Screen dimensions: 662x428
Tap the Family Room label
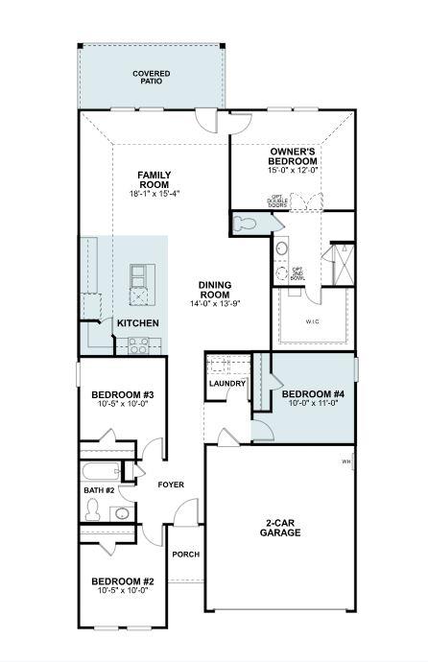[x=154, y=179]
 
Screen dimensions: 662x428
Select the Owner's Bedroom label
[x=292, y=156]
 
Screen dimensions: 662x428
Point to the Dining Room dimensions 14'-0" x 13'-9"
[x=214, y=303]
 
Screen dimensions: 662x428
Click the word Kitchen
[x=137, y=323]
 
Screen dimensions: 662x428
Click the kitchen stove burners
[x=137, y=348]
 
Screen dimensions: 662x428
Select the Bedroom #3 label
[x=123, y=394]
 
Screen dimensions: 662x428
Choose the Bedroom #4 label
[x=307, y=394]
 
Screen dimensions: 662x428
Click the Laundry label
[x=227, y=384]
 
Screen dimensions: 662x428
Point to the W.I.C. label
[x=313, y=321]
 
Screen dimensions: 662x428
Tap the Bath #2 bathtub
[x=100, y=471]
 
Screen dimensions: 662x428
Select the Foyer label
[x=171, y=485]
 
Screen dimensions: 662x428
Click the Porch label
[x=184, y=555]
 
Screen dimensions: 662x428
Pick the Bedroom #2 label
[x=123, y=580]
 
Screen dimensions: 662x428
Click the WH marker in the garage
[x=345, y=462]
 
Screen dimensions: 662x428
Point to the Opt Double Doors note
[x=277, y=201]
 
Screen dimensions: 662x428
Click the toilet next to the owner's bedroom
[x=246, y=224]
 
